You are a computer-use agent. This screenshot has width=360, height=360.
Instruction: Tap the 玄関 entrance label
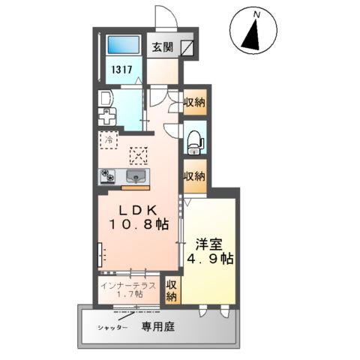[162, 46]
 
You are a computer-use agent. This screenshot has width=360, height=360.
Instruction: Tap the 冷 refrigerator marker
[109, 140]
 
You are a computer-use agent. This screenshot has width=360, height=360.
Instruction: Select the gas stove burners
[109, 177]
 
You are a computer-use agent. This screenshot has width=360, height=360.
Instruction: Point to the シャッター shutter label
[109, 328]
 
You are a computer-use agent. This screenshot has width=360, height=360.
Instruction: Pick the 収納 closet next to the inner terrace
[171, 290]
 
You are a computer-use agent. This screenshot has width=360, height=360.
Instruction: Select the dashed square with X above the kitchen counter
[139, 156]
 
